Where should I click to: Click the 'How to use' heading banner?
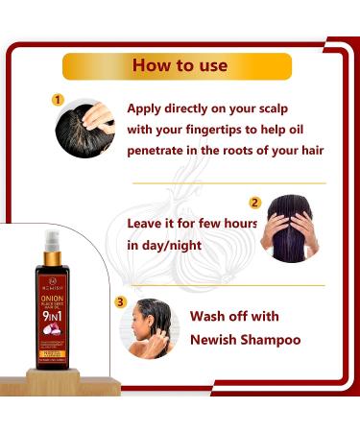(179, 65)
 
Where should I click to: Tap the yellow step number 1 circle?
(58, 99)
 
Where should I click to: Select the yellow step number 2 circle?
(255, 203)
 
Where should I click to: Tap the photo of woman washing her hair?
(150, 328)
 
